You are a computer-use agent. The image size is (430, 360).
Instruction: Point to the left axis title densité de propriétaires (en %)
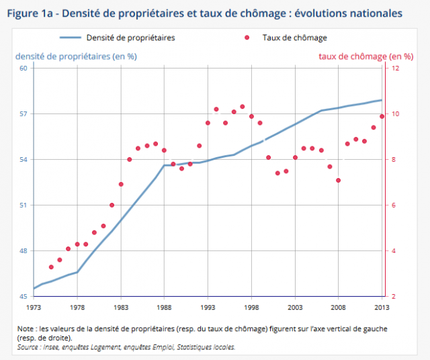click(75, 56)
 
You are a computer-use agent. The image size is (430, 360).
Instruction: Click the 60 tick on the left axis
click(23, 68)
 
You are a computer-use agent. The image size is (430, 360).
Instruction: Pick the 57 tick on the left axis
click(23, 114)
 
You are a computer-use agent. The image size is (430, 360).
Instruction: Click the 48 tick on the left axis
click(23, 251)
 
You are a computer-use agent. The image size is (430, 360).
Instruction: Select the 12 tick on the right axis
click(395, 68)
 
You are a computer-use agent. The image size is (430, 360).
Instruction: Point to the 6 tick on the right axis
click(393, 206)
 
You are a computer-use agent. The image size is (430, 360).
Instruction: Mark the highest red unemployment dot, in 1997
click(243, 106)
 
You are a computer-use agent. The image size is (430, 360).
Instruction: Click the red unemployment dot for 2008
click(339, 180)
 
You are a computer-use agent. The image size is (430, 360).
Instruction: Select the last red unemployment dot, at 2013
click(382, 116)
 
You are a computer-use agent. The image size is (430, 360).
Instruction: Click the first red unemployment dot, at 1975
click(51, 267)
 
